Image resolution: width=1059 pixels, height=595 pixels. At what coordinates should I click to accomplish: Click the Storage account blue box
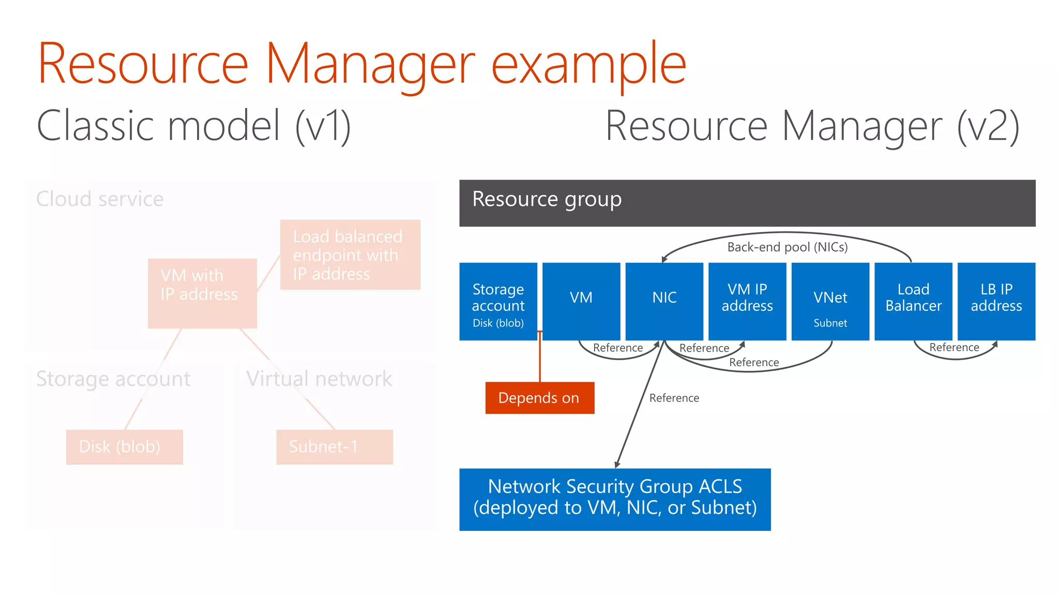tap(498, 301)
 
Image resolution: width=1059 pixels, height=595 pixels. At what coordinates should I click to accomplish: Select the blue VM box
tap(581, 301)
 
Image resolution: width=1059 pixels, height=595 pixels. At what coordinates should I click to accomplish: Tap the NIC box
tap(664, 301)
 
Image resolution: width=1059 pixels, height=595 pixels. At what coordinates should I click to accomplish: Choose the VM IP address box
tap(747, 301)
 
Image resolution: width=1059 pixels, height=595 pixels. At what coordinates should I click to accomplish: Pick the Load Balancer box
tap(913, 301)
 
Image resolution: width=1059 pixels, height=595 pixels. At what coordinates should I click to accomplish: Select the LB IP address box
tap(996, 301)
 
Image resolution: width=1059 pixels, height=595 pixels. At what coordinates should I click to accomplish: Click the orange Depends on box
tap(539, 398)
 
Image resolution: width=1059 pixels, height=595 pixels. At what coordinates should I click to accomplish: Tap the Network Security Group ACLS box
tap(615, 499)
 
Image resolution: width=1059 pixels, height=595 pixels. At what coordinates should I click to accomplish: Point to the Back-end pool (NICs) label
tap(787, 247)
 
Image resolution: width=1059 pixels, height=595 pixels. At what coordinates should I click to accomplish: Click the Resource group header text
tap(547, 199)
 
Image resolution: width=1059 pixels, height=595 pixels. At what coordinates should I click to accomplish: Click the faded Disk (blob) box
tap(124, 447)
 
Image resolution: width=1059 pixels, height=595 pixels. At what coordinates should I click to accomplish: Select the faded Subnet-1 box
tap(335, 447)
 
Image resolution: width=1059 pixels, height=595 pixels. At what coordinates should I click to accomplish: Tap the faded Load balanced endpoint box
tap(350, 255)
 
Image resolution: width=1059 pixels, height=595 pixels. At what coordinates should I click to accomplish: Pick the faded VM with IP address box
tap(202, 293)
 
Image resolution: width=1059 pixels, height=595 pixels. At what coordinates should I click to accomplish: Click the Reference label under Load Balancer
tap(954, 348)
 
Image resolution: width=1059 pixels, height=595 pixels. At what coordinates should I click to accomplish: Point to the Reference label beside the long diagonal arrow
tap(674, 398)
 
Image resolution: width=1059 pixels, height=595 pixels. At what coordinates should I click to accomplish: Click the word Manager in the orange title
tap(370, 65)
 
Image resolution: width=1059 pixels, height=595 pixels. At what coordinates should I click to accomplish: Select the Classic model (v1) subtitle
tap(194, 126)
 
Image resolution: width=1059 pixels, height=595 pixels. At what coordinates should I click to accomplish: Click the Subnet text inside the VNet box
tap(830, 323)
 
